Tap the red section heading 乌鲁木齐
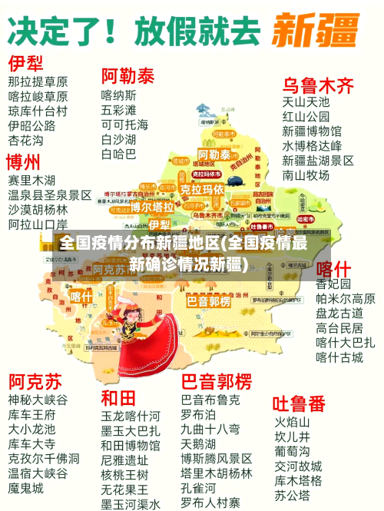tap(319, 85)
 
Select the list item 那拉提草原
tap(38, 81)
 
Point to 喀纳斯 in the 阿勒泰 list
tap(119, 95)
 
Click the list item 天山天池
tap(306, 101)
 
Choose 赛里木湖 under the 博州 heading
tap(36, 180)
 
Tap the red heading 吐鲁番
tap(300, 403)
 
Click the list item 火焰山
tap(293, 422)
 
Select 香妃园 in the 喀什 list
tap(333, 284)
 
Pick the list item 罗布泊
tap(198, 414)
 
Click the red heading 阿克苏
tap(35, 381)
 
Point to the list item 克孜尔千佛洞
tap(44, 458)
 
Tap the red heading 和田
tap(118, 398)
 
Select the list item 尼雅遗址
tap(124, 460)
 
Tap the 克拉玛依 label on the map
tap(203, 188)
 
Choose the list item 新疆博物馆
tap(312, 131)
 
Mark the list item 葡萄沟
tap(293, 451)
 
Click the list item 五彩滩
tap(119, 110)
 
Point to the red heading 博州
tap(24, 162)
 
